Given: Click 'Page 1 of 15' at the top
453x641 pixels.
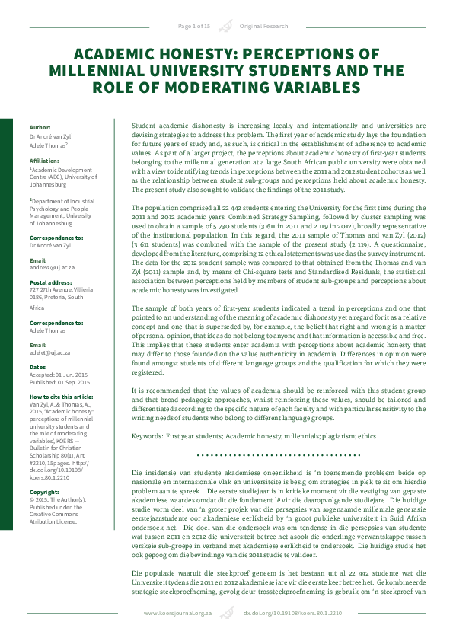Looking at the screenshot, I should tap(194, 26).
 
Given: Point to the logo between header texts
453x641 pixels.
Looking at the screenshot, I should tap(225, 26).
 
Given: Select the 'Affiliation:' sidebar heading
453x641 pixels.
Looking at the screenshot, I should tap(46, 161).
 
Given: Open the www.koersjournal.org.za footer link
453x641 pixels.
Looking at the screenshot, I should tap(176, 613).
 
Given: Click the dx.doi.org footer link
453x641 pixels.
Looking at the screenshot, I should tap(281, 613).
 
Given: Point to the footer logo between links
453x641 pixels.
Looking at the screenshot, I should tap(226, 612).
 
